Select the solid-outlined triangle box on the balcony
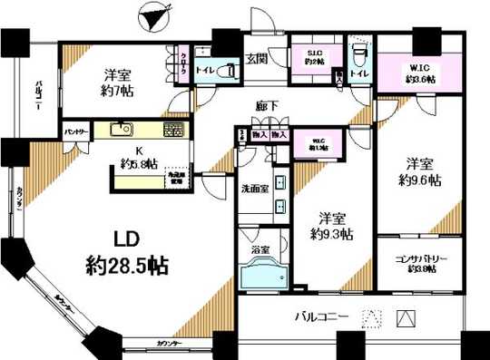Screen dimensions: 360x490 [407, 319]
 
